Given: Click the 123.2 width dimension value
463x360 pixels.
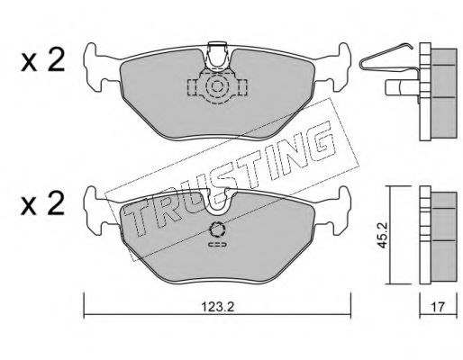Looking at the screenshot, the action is pyautogui.click(x=217, y=307).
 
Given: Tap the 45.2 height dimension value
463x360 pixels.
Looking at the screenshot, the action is pyautogui.click(x=382, y=235).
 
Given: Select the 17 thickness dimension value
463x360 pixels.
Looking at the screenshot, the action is pyautogui.click(x=438, y=307).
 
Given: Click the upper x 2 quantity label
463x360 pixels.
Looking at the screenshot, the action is pyautogui.click(x=42, y=61).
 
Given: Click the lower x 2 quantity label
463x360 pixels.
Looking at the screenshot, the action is pyautogui.click(x=42, y=204).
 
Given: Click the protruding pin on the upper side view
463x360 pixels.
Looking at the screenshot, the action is pyautogui.click(x=402, y=87).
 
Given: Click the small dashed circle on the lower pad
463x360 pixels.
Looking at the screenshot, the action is pyautogui.click(x=217, y=230).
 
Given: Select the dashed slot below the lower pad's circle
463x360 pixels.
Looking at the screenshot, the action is pyautogui.click(x=217, y=245).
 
